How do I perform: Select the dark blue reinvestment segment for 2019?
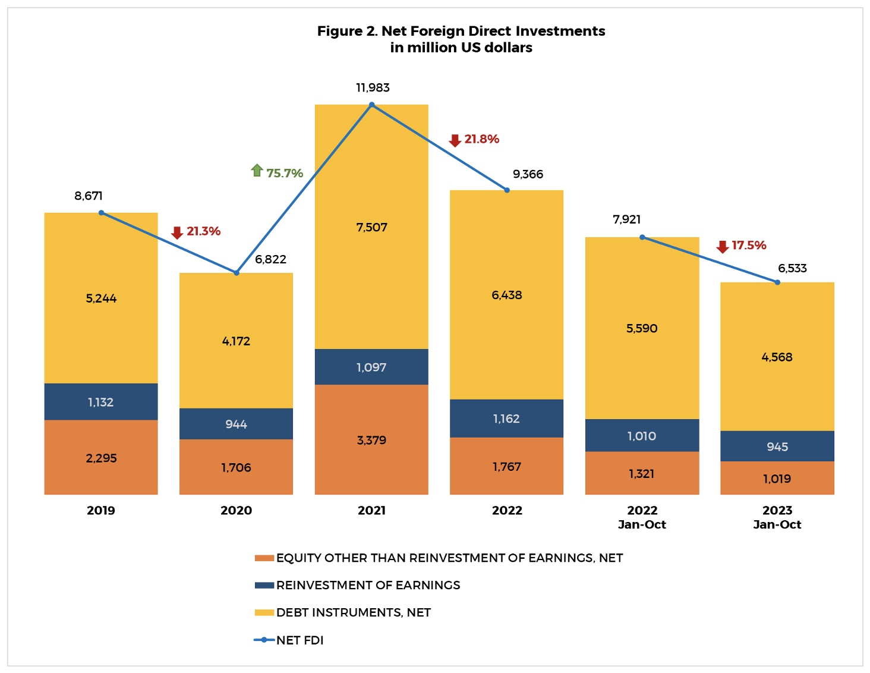(x=101, y=402)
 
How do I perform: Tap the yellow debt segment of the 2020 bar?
(x=236, y=341)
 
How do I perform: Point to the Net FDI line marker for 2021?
(x=372, y=105)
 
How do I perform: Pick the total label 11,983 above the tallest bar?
(x=373, y=88)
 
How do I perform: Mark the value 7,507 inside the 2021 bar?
(x=371, y=227)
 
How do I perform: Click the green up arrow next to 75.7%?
(x=257, y=171)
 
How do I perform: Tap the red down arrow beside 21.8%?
(x=455, y=140)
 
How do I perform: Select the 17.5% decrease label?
(x=749, y=246)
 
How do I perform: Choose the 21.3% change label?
(x=203, y=231)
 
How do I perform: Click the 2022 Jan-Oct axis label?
(x=642, y=517)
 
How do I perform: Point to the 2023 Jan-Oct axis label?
(x=777, y=517)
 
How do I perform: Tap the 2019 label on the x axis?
(x=101, y=510)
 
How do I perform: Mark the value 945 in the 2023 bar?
(x=777, y=446)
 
